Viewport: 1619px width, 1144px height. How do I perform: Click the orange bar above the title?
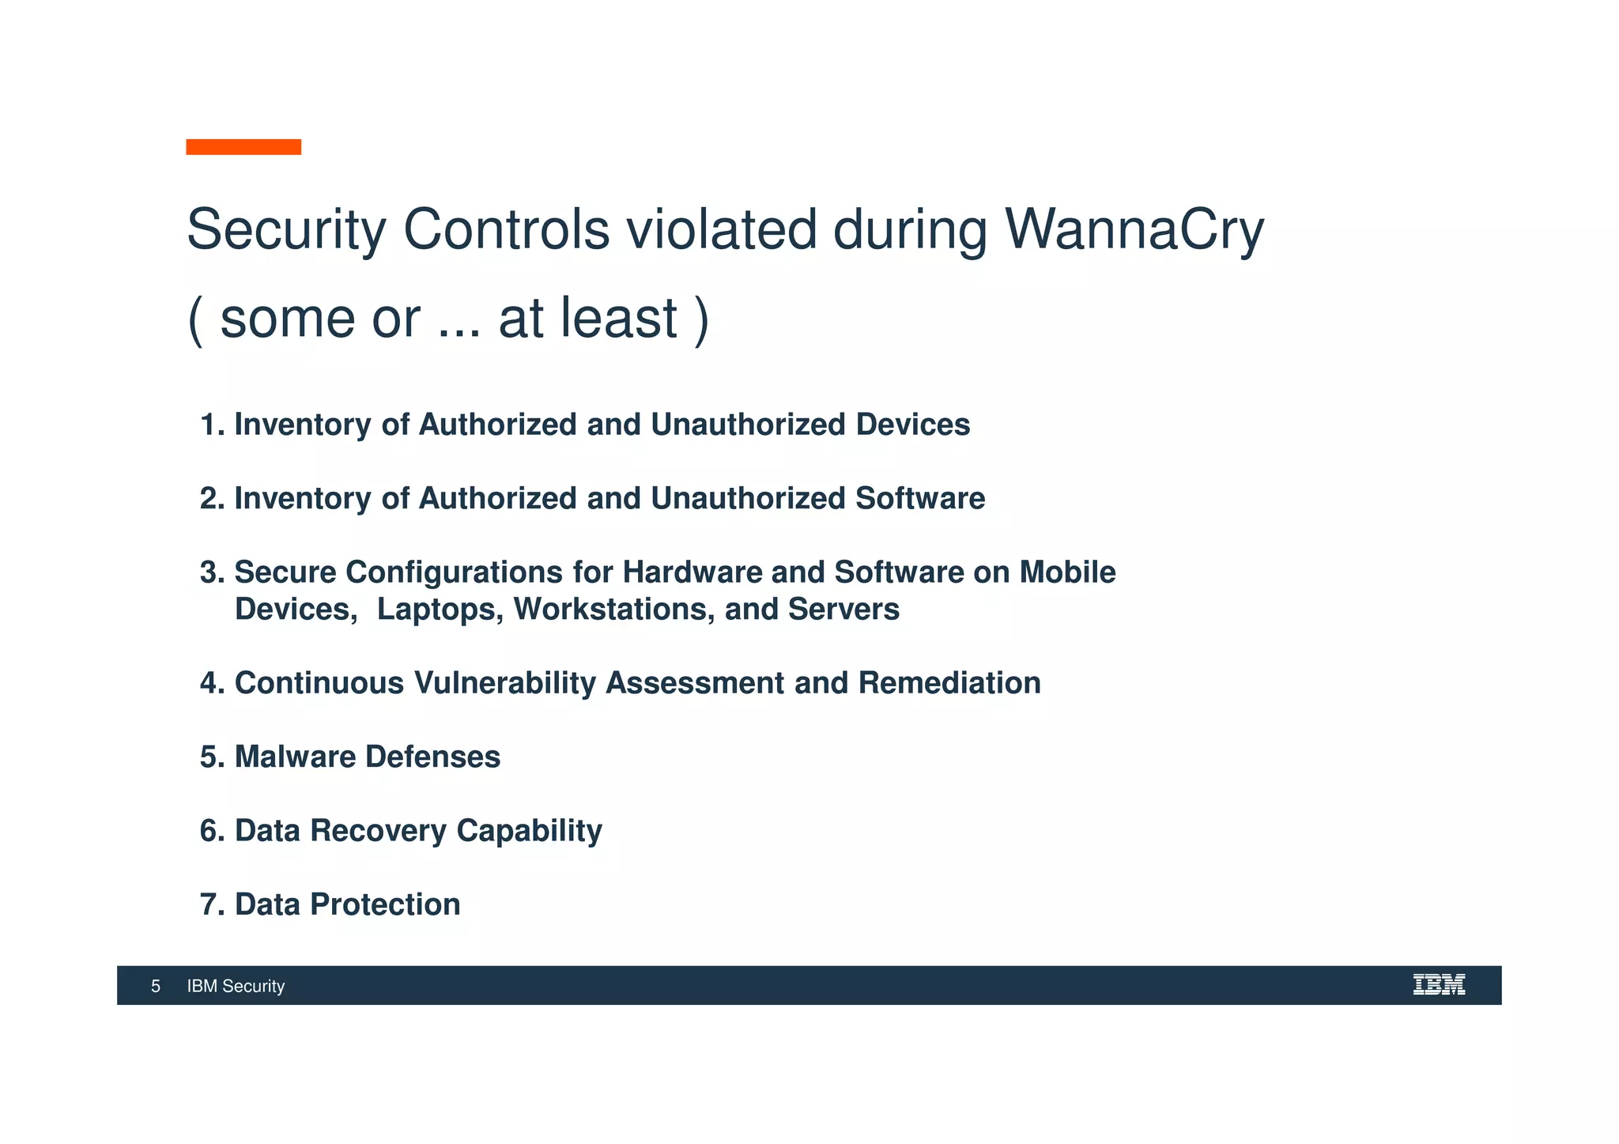[x=243, y=147]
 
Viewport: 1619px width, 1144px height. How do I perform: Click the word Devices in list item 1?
[x=912, y=425]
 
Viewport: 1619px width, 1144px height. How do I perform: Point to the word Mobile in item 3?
[x=1067, y=572]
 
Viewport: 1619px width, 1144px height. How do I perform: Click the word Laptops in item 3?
[x=440, y=610]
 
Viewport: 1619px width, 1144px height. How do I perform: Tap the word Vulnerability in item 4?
[x=504, y=683]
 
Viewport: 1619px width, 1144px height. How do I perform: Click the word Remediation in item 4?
[x=949, y=683]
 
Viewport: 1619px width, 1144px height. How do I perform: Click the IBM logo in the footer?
[x=1439, y=985]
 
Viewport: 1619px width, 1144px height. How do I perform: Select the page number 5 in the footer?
[x=156, y=987]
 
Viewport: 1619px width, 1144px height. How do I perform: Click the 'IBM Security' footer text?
[x=236, y=987]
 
